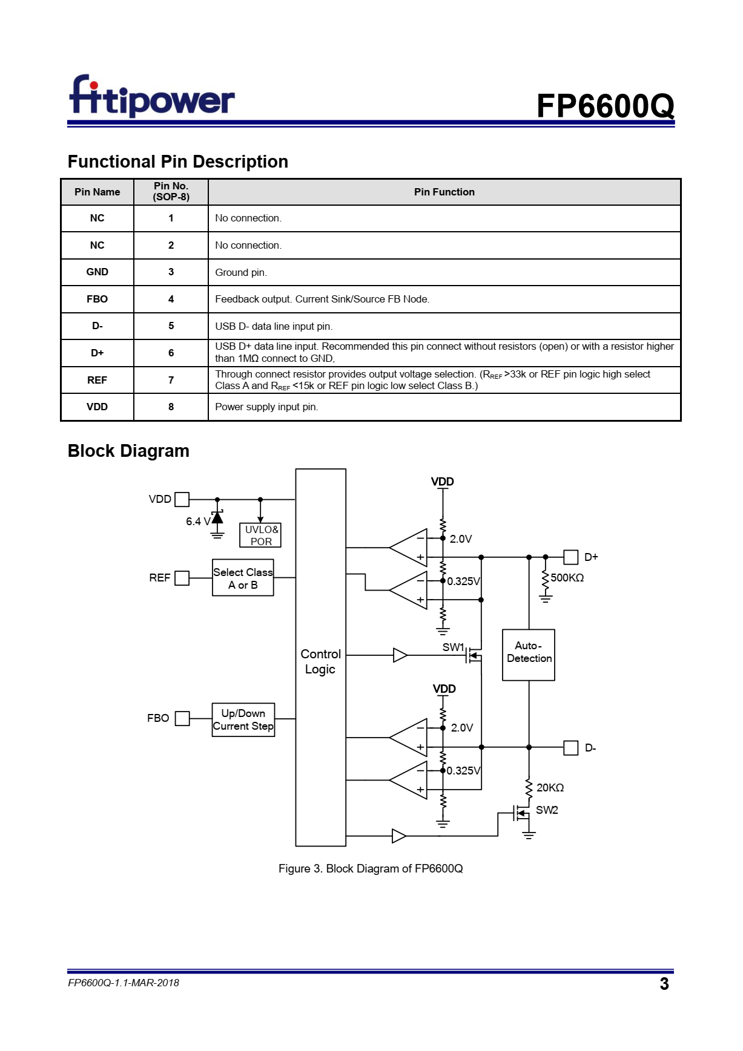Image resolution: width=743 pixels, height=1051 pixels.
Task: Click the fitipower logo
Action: (x=152, y=96)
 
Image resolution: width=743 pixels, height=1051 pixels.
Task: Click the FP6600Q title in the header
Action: (x=605, y=106)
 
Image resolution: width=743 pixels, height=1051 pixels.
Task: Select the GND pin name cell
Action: (x=97, y=272)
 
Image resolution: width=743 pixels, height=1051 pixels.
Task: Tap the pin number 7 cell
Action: (x=171, y=380)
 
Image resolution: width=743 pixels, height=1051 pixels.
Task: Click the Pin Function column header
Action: (x=444, y=192)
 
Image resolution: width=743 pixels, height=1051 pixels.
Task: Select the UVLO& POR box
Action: (x=260, y=535)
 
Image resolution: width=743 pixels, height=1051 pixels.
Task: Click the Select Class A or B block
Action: (x=243, y=578)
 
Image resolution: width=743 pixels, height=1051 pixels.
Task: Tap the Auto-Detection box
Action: (x=529, y=655)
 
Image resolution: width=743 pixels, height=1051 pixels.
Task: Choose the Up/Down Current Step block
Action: (x=243, y=719)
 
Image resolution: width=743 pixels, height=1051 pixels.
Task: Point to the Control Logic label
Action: (x=320, y=661)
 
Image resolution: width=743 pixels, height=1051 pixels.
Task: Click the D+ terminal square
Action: (x=570, y=557)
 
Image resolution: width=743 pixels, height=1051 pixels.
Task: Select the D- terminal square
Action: (x=570, y=748)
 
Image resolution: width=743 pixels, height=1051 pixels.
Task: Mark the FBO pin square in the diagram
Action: (x=182, y=718)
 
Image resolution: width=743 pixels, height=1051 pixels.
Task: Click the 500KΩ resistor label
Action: (x=567, y=578)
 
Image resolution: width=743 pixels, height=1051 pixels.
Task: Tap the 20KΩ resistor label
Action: (x=550, y=788)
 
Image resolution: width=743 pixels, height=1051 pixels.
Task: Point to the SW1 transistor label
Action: (x=453, y=647)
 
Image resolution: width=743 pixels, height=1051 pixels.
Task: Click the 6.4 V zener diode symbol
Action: (x=217, y=517)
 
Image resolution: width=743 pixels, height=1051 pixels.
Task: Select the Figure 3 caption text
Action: (x=371, y=869)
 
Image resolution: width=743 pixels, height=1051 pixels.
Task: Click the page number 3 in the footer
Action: (x=664, y=984)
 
